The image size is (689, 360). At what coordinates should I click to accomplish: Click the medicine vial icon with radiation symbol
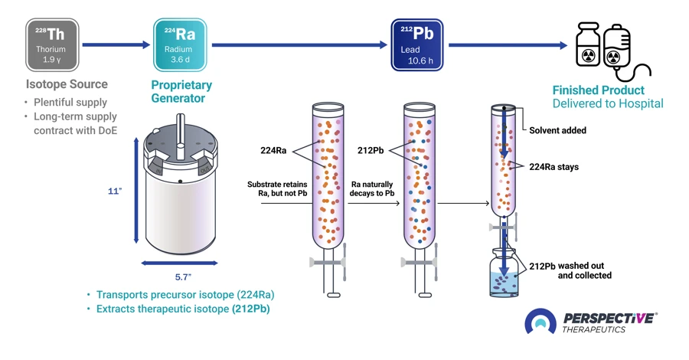tap(587, 48)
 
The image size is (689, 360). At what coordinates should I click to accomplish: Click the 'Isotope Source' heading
tap(67, 84)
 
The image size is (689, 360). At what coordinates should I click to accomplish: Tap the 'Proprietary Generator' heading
tap(181, 92)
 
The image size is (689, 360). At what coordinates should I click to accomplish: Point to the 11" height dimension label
tap(116, 192)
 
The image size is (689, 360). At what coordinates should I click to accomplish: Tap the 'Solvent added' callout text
tap(557, 130)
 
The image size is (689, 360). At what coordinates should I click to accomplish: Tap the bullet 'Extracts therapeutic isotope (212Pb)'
tap(182, 309)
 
